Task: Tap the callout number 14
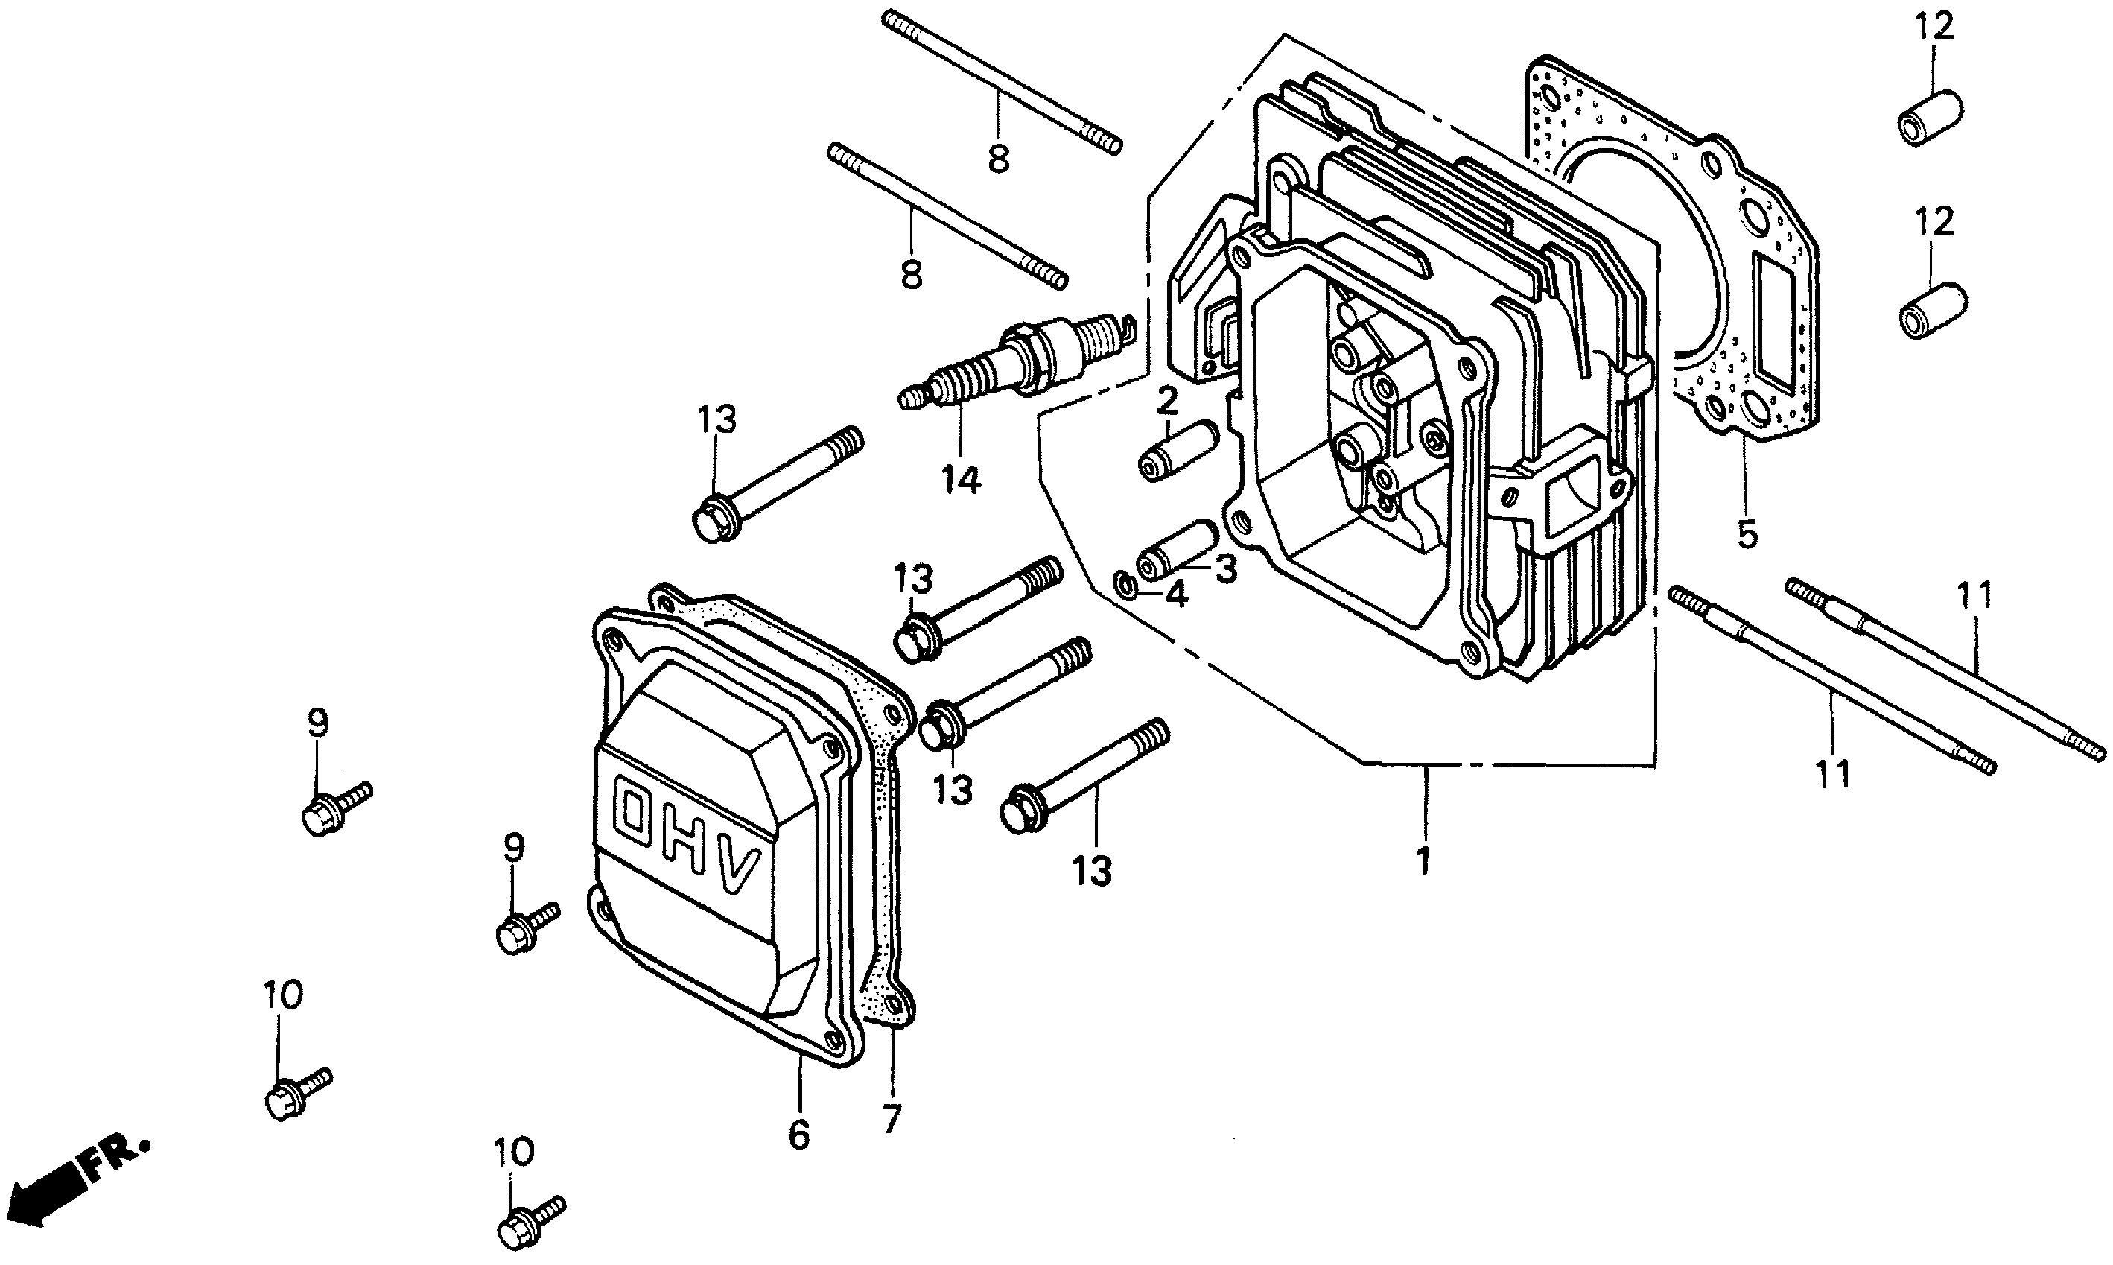960,481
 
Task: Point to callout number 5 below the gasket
1747,536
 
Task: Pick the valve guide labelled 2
1178,449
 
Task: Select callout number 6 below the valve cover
798,1135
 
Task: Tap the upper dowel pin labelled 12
1929,118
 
